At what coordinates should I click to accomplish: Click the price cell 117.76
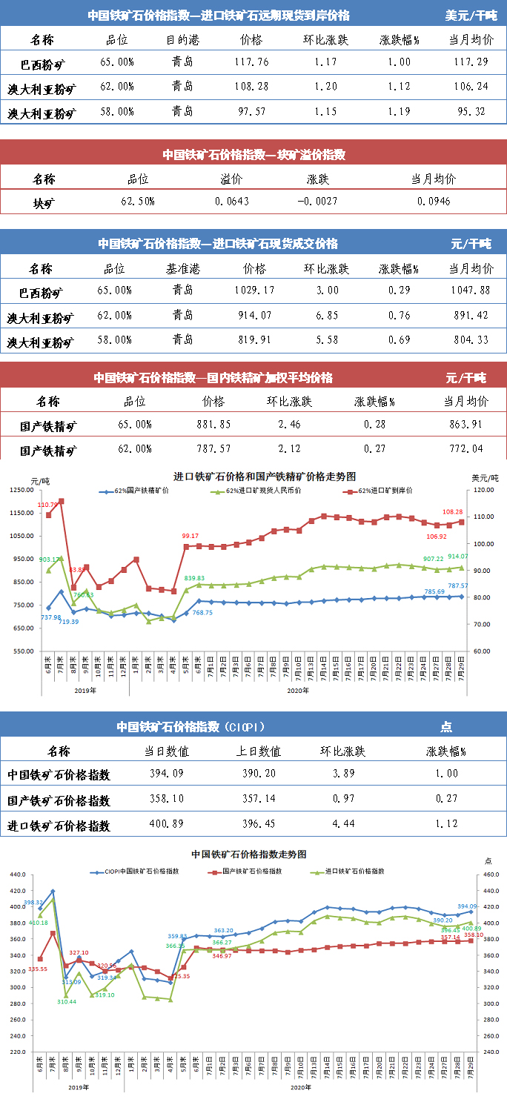tap(251, 64)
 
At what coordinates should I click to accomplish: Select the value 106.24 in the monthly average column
tap(470, 87)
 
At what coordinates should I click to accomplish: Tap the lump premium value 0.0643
tap(232, 202)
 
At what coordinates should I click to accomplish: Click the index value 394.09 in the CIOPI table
tap(166, 774)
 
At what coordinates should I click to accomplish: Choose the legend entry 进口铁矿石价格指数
tap(357, 872)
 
